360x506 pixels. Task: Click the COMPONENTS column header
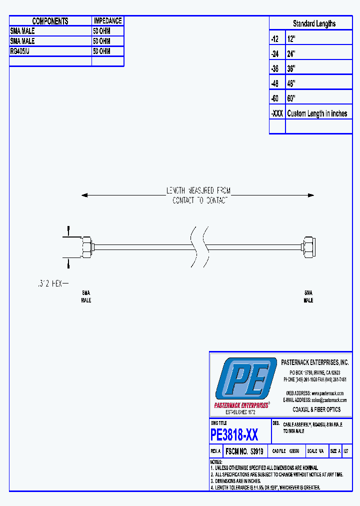click(50, 21)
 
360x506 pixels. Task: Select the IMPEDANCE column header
click(107, 21)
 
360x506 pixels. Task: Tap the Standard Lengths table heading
click(314, 23)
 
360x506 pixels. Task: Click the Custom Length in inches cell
click(317, 113)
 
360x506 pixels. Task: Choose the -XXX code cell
click(277, 113)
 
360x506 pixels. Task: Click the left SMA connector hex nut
click(86, 246)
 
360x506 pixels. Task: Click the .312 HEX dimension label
click(50, 283)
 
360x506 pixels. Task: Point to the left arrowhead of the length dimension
click(84, 195)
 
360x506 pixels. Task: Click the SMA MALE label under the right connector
click(308, 296)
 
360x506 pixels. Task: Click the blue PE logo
click(244, 379)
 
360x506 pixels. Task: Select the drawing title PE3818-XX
click(234, 435)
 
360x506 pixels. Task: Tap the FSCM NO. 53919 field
click(244, 451)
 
